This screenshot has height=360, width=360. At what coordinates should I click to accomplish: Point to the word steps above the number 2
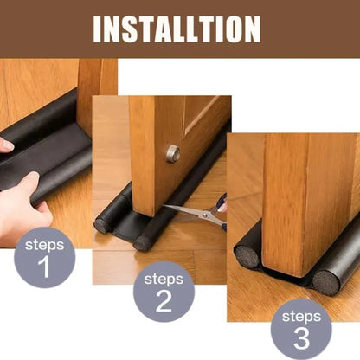(164, 279)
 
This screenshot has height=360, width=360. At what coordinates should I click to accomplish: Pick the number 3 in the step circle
(301, 337)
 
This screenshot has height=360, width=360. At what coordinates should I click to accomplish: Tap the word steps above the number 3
(301, 315)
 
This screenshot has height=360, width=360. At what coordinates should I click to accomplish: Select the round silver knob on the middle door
(173, 153)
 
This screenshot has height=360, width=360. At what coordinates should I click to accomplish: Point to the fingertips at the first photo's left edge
(4, 145)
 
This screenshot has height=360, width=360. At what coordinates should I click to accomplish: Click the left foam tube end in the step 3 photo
(247, 255)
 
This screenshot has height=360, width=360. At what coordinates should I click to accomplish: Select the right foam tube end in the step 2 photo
(143, 242)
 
